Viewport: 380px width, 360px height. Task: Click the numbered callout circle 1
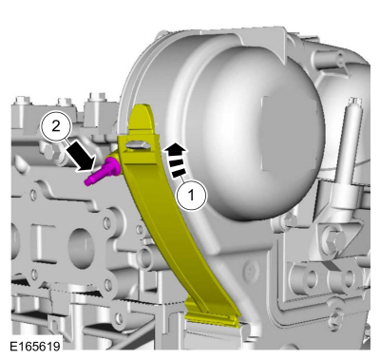point(191,196)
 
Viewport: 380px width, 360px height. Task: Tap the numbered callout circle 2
point(56,126)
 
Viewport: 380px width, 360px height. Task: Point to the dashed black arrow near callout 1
point(177,160)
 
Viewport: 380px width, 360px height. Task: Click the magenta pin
point(103,171)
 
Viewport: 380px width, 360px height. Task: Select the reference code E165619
point(35,346)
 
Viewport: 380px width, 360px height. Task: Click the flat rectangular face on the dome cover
point(288,133)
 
